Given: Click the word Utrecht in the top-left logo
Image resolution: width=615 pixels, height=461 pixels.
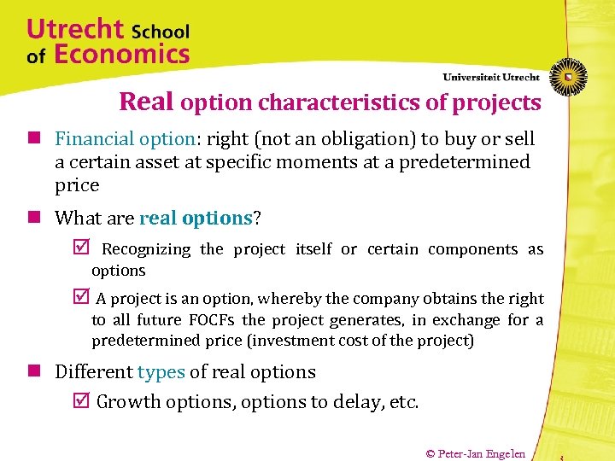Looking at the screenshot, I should pyautogui.click(x=75, y=29).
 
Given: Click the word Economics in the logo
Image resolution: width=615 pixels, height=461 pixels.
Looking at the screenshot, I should pyautogui.click(x=121, y=55).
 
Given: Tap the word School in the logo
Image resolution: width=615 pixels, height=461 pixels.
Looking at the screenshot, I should pyautogui.click(x=161, y=32).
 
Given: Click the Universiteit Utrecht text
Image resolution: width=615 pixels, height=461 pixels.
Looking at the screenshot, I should pyautogui.click(x=491, y=77).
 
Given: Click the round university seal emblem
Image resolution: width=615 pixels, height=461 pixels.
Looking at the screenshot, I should pyautogui.click(x=567, y=76).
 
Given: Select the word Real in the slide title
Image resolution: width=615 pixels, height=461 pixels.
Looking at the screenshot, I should pyautogui.click(x=147, y=102).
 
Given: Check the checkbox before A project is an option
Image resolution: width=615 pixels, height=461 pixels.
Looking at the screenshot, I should pyautogui.click(x=83, y=298).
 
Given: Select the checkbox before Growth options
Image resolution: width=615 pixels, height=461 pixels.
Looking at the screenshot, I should pyautogui.click(x=83, y=401).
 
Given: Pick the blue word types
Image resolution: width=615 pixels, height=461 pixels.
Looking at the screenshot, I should pyautogui.click(x=161, y=372).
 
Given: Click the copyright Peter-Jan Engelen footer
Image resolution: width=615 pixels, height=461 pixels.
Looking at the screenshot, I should pyautogui.click(x=475, y=453).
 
